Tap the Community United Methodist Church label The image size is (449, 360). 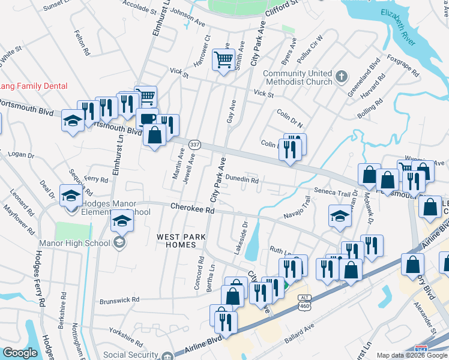[298, 77]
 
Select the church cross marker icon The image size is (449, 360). [341, 76]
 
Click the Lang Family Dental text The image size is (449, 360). [33, 86]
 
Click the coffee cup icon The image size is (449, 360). [146, 118]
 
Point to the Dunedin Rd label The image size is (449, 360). [242, 179]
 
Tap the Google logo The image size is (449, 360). [20, 353]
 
